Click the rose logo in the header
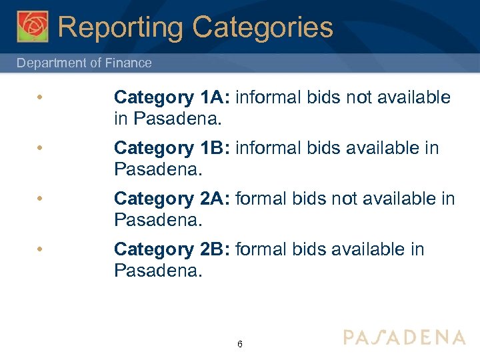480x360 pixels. point(33,27)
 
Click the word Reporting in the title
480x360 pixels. point(119,27)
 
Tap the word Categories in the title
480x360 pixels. point(262,27)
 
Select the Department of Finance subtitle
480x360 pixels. point(84,63)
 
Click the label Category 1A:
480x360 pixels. point(172,97)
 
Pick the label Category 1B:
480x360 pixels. point(172,148)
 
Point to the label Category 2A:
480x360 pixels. point(172,199)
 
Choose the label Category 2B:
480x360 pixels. point(172,249)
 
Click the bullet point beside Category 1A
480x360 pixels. point(41,98)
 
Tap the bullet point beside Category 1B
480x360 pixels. point(41,149)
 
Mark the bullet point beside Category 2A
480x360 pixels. point(41,199)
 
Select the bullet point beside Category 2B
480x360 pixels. point(41,250)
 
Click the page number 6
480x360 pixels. point(239,345)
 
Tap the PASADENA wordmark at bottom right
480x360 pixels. point(404,337)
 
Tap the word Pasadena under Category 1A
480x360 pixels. point(176,119)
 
